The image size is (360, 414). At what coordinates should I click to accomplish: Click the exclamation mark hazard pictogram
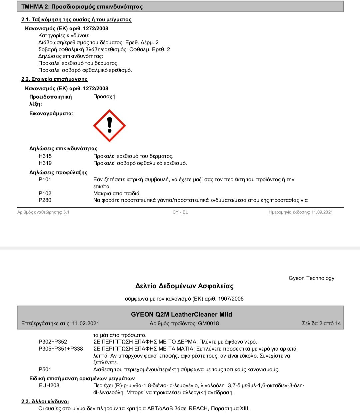[x=109, y=126]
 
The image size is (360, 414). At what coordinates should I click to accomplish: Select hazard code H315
[x=45, y=156]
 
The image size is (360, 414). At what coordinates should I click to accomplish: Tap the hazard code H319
[x=45, y=163]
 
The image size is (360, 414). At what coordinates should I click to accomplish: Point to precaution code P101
[x=45, y=179]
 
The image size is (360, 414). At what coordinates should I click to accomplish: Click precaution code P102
[x=45, y=193]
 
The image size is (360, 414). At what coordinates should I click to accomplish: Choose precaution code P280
[x=45, y=200]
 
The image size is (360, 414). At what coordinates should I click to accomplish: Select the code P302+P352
[x=53, y=342]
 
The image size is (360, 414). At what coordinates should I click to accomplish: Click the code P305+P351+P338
[x=61, y=349]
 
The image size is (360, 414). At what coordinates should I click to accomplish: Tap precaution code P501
[x=45, y=369]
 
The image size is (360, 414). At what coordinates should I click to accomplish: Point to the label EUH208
[x=49, y=385]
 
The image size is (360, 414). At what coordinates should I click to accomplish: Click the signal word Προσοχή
[x=104, y=96]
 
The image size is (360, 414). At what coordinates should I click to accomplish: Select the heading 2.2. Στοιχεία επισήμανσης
[x=54, y=79]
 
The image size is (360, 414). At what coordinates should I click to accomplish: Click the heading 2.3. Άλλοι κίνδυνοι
[x=45, y=401]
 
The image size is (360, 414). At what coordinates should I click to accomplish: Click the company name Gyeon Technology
[x=311, y=278]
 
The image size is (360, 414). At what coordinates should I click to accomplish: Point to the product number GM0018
[x=208, y=323]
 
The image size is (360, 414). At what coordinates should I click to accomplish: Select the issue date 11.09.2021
[x=322, y=212]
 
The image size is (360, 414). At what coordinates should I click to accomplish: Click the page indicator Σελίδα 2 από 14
[x=321, y=323]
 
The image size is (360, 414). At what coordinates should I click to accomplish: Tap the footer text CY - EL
[x=180, y=212]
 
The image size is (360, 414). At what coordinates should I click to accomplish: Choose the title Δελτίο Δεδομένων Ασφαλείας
[x=184, y=286]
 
